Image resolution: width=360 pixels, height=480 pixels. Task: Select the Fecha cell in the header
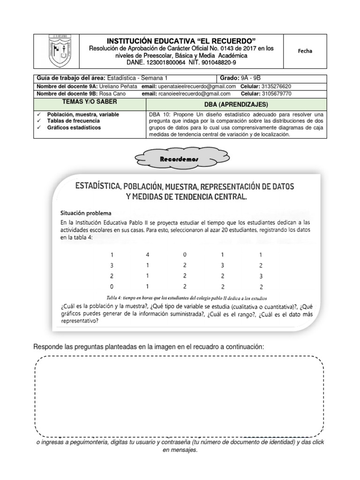pos(305,51)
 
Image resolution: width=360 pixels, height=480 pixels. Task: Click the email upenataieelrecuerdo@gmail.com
pos(195,86)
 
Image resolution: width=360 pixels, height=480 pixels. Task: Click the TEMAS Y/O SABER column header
pos(90,102)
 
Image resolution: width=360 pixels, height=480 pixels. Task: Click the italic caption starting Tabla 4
pos(187,297)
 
